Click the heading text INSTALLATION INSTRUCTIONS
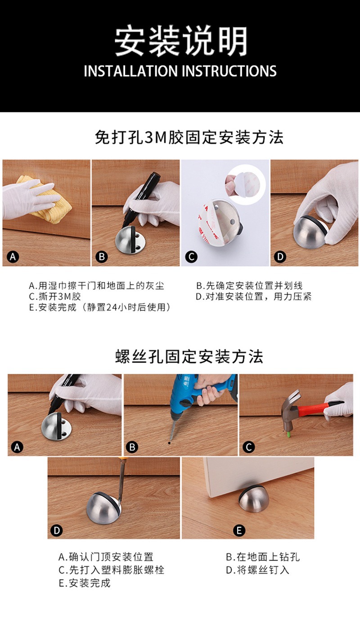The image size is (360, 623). [180, 71]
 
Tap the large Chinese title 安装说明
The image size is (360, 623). [181, 40]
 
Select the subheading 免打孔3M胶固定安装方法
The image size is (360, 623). [189, 137]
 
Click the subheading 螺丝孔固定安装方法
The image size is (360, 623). [189, 357]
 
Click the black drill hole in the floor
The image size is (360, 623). [170, 443]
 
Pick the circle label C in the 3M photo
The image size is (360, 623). [191, 257]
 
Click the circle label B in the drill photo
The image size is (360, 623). [132, 447]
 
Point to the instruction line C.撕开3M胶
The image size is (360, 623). [55, 296]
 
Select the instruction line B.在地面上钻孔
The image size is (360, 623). [263, 557]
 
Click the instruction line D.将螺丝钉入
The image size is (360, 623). [257, 570]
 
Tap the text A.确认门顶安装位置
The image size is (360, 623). [106, 557]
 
